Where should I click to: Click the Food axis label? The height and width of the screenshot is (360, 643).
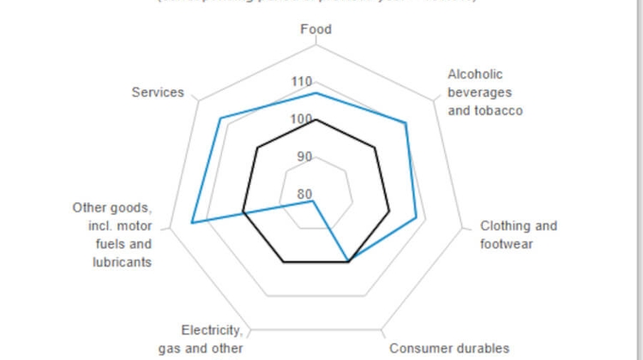[315, 30]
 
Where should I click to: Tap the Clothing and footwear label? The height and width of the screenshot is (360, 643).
[518, 235]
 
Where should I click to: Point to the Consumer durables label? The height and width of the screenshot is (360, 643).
[448, 348]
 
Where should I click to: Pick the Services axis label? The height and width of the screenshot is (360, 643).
[157, 92]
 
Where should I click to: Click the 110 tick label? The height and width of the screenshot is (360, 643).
[301, 82]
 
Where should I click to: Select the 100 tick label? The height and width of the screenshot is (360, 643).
[301, 120]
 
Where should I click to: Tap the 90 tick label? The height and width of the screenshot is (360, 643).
[304, 157]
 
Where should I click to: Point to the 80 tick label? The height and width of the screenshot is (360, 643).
[304, 194]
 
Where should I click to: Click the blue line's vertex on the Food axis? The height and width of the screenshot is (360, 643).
[316, 93]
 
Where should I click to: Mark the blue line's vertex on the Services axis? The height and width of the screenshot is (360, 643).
[220, 117]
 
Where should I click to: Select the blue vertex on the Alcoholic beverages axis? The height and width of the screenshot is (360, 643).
[406, 123]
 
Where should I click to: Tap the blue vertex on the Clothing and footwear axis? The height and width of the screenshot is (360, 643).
[417, 218]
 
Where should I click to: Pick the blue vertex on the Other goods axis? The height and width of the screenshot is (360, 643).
[191, 223]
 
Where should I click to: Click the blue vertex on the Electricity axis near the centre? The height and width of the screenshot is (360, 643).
[314, 201]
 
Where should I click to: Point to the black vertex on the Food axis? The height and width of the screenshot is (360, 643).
[316, 120]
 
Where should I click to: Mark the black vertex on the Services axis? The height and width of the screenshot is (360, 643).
[257, 147]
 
